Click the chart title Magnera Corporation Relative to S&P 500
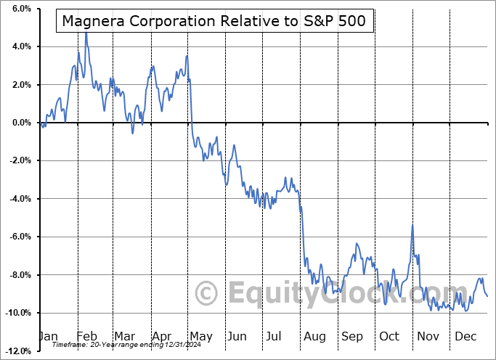(215, 22)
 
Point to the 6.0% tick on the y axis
(20, 9)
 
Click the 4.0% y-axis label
(20, 46)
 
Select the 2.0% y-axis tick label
(20, 85)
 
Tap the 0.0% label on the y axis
(20, 123)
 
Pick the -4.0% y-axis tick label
(18, 199)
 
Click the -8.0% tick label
(18, 275)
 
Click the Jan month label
(47, 336)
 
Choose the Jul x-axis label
(275, 336)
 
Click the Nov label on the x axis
(428, 336)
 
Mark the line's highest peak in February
(86, 33)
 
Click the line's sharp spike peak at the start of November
(412, 226)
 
